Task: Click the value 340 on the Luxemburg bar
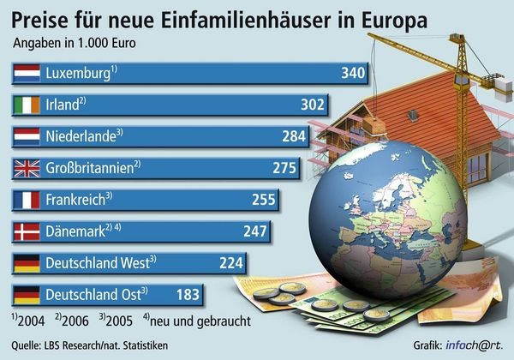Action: (x=353, y=74)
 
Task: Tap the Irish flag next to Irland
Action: (x=27, y=105)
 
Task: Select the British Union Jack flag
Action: (x=27, y=168)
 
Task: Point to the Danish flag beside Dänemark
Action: (x=27, y=231)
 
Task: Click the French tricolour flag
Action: (x=27, y=200)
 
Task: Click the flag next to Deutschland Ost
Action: (x=27, y=294)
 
